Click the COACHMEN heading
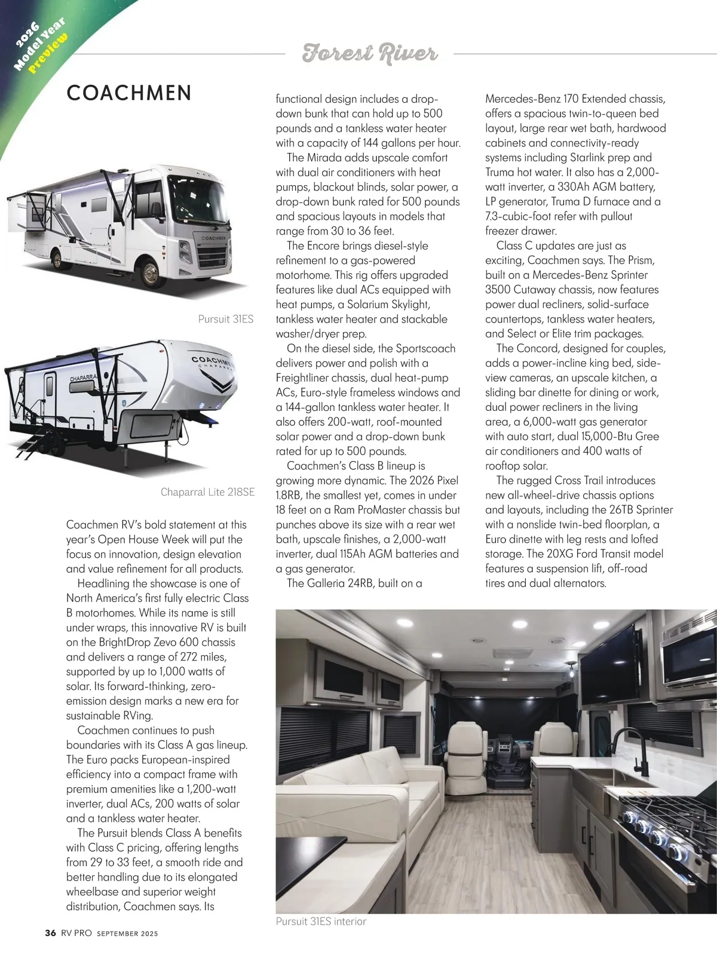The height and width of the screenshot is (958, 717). click(129, 93)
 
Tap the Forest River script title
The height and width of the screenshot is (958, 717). click(370, 53)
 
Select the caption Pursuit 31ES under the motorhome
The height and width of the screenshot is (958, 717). click(225, 319)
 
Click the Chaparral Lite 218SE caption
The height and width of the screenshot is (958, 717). click(207, 492)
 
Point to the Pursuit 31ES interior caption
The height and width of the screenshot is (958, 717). click(321, 922)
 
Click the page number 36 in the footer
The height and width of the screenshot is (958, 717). click(50, 933)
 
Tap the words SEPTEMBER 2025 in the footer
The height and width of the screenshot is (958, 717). click(127, 934)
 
